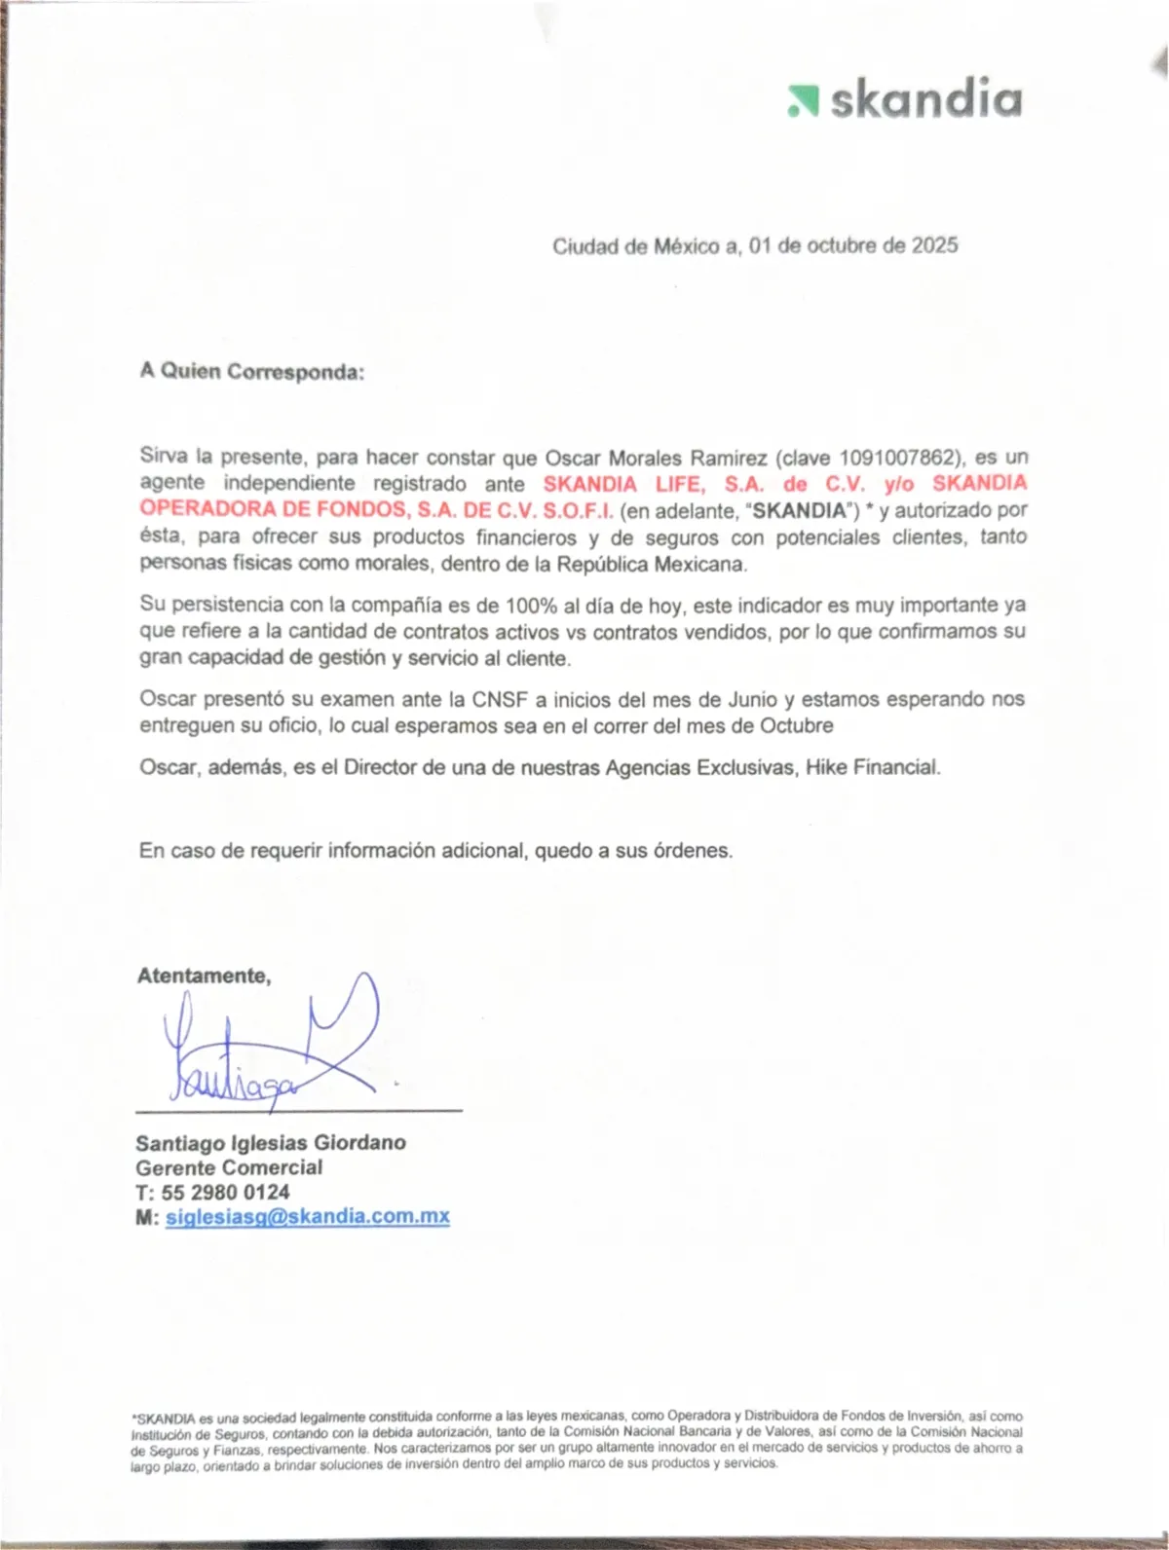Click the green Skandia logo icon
tap(803, 101)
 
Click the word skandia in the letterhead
tap(925, 99)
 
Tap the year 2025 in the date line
tap(934, 245)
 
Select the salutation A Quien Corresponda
tap(251, 371)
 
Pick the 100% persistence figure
tap(531, 606)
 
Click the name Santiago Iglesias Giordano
tap(271, 1143)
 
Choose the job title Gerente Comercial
tap(229, 1167)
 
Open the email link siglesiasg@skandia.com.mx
tap(307, 1217)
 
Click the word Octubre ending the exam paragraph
tap(796, 726)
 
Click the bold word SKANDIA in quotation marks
tap(798, 510)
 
